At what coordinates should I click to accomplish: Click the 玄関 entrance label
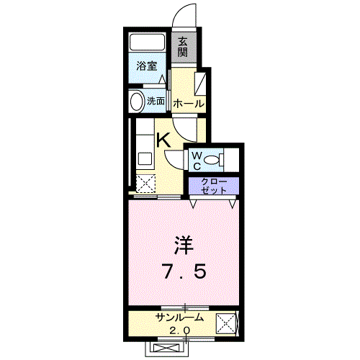(x=184, y=47)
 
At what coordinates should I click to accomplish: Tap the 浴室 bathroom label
(x=147, y=66)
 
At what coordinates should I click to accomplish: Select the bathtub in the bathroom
(x=148, y=41)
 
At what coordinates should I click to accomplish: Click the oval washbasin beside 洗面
(x=135, y=102)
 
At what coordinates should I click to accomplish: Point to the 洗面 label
(x=156, y=102)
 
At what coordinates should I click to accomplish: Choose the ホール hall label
(x=188, y=104)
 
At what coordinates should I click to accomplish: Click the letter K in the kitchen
(x=163, y=140)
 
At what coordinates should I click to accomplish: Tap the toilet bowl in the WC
(x=213, y=160)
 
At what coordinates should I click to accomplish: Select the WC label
(x=195, y=159)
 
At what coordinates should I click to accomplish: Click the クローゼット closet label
(x=213, y=184)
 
